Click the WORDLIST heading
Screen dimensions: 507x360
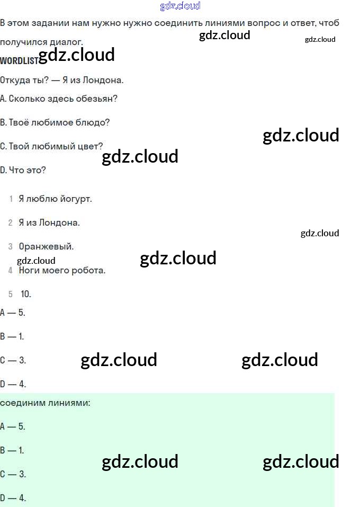click(x=19, y=60)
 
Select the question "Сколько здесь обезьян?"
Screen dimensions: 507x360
click(x=62, y=99)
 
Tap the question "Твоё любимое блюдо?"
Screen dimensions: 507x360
click(x=59, y=122)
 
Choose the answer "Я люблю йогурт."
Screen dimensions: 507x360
click(x=55, y=199)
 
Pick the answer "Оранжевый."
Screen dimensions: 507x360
click(x=46, y=246)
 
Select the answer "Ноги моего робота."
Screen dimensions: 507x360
click(x=62, y=270)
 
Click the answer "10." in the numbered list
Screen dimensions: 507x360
click(x=26, y=294)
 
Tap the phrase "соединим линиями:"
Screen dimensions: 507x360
click(x=45, y=403)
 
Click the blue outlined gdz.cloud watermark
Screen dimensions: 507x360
click(x=180, y=6)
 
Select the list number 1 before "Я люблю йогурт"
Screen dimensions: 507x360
click(x=11, y=199)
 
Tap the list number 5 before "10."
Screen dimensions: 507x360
click(x=11, y=294)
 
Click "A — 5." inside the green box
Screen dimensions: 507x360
click(x=13, y=426)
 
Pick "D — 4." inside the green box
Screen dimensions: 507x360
click(x=13, y=498)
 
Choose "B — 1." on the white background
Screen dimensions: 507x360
click(x=12, y=336)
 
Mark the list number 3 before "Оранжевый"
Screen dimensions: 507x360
click(x=11, y=246)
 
